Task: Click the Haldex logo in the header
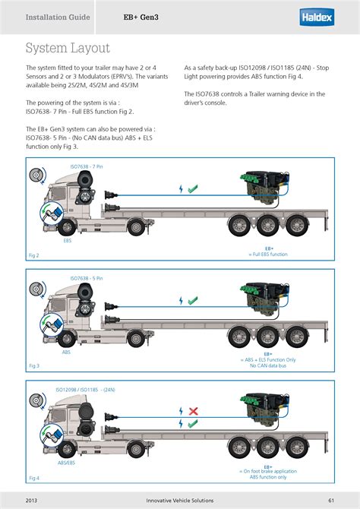coord(317,17)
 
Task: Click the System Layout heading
coord(68,48)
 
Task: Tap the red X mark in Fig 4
coord(193,411)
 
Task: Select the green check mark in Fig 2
coord(193,188)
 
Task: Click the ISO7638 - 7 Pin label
coord(87,166)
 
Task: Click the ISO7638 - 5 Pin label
coord(87,278)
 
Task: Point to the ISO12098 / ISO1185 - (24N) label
coord(85,390)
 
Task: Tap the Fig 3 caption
coord(34,366)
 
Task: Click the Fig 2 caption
coord(33,255)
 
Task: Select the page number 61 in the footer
coord(331,500)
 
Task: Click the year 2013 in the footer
coord(31,500)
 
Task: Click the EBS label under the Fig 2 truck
coord(67,241)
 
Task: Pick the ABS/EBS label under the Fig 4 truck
coord(66,463)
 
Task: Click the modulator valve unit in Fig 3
coord(264,298)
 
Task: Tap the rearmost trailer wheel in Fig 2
coord(297,226)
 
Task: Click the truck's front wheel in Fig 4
coord(67,450)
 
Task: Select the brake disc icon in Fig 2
coord(37,176)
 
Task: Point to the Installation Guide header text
coord(58,17)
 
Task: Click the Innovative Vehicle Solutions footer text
coord(180,500)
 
